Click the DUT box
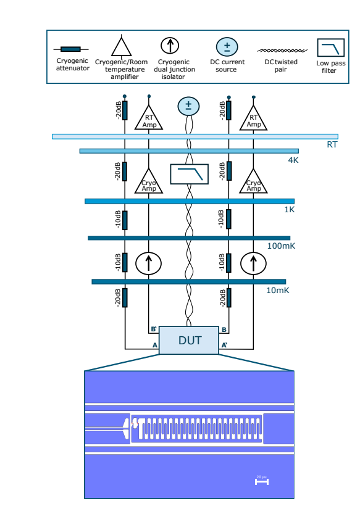[x=190, y=340]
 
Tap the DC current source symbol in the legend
[x=227, y=47]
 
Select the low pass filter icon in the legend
[x=331, y=48]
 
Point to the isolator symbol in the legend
[x=170, y=46]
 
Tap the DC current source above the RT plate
[x=189, y=106]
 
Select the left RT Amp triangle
[x=148, y=118]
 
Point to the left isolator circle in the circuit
[x=148, y=263]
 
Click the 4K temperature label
[x=293, y=160]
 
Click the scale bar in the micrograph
[x=262, y=481]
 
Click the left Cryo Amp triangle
[x=149, y=182]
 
